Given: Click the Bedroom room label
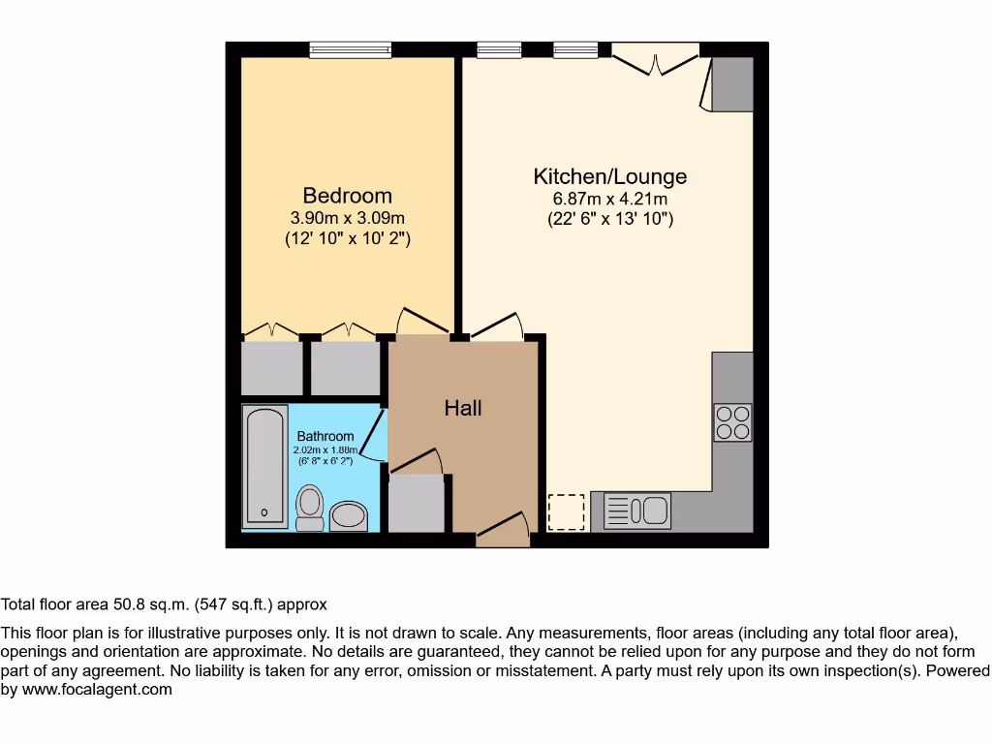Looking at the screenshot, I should point(347,196).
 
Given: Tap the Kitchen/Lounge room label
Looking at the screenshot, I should point(609,176).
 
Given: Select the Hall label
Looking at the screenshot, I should point(463,408).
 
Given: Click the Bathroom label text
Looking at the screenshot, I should point(325,437).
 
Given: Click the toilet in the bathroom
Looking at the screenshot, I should point(309,508).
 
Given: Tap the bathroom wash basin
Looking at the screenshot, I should point(349,516).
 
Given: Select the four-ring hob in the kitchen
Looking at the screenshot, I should point(732,422).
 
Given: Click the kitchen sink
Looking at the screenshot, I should point(636,511).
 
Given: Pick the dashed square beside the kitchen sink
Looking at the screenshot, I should point(567,512).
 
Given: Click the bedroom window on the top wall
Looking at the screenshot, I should point(351,49).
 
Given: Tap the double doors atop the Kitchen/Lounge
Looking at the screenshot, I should point(655,59).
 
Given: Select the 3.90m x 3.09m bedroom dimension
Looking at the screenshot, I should point(347,218).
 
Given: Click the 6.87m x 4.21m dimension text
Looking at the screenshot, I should point(609,200).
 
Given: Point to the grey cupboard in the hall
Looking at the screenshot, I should point(416,503).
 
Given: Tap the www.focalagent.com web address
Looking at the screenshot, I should point(97,690).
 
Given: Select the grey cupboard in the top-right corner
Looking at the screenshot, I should point(732,82).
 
